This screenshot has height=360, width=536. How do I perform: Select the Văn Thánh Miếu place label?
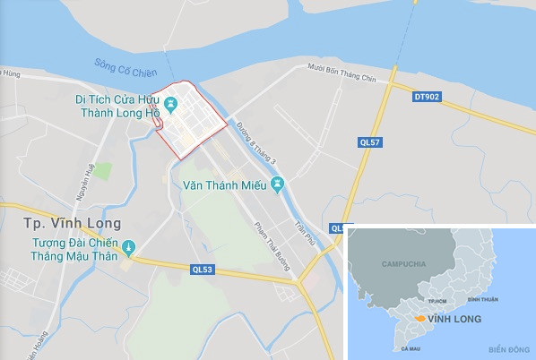224,186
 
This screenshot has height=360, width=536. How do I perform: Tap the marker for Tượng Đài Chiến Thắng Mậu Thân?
127,246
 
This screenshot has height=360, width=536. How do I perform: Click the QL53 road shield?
203,267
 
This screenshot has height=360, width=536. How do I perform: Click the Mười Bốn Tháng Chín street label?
338,65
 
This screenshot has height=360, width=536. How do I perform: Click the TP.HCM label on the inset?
437,301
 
